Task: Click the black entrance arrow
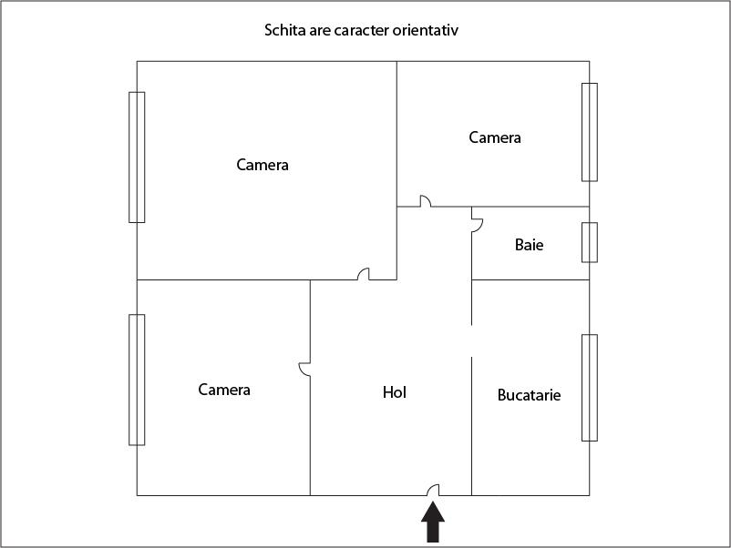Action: [433, 522]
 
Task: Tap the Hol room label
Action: [395, 392]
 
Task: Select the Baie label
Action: [530, 245]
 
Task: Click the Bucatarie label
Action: [530, 395]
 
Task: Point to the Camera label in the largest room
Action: [263, 165]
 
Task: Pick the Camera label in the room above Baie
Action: [495, 137]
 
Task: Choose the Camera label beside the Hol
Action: [224, 390]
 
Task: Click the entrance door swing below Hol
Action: [434, 490]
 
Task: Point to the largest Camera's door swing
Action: [364, 274]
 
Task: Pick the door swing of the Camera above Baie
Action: [425, 201]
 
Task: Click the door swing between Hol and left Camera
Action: [304, 370]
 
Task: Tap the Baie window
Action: [590, 242]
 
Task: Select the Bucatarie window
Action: [590, 388]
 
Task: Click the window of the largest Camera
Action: [137, 157]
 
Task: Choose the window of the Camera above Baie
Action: [590, 132]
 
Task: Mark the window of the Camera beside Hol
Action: [137, 380]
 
